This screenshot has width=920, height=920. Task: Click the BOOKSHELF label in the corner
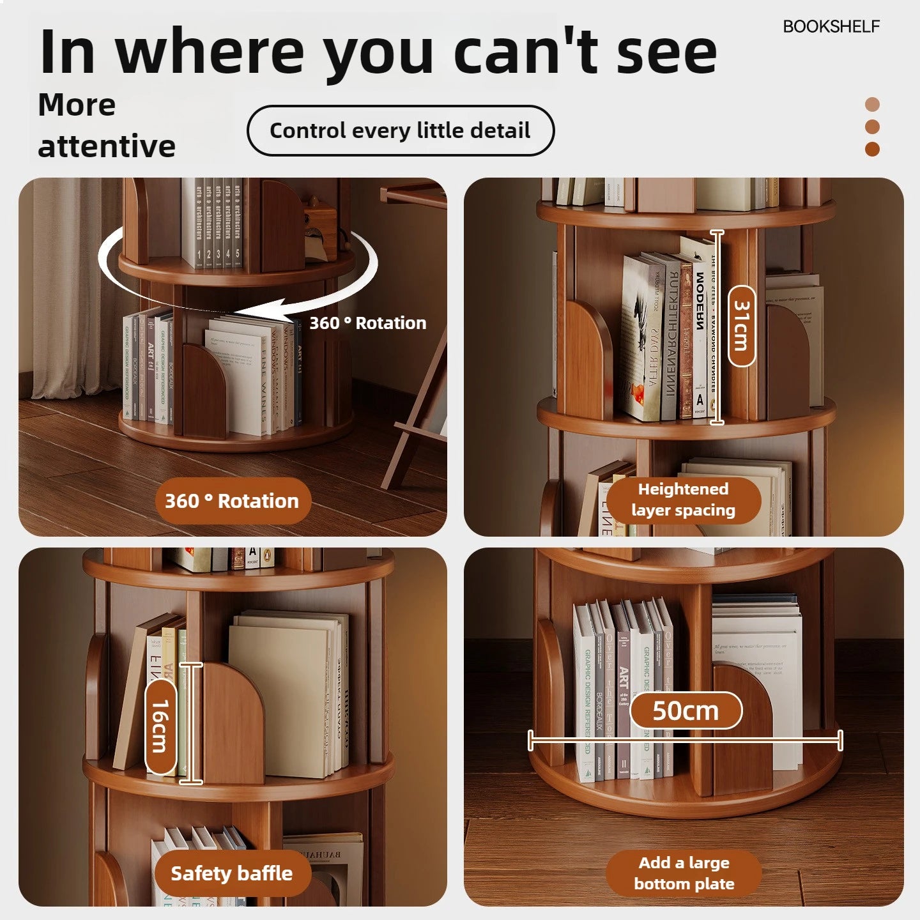coord(831,26)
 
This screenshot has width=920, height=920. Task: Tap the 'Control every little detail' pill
coord(400,130)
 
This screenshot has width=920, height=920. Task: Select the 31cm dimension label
coord(741,326)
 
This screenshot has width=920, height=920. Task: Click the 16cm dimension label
coord(160,726)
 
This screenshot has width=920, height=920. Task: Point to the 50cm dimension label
coord(686,710)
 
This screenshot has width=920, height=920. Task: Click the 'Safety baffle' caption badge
coord(232,873)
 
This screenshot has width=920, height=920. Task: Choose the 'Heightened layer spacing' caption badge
coord(683,500)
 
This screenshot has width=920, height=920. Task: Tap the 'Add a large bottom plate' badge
coord(684,873)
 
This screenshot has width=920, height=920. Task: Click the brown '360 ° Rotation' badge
coord(232,501)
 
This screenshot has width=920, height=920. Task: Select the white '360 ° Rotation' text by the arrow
coord(367,323)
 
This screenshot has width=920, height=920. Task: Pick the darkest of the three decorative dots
coord(872,149)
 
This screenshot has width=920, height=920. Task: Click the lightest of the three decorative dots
coord(872,104)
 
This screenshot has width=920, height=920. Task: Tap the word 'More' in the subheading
coord(77,105)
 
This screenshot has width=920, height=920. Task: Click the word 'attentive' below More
coord(107,146)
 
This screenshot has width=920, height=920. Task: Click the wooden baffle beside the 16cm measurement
coord(233,722)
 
